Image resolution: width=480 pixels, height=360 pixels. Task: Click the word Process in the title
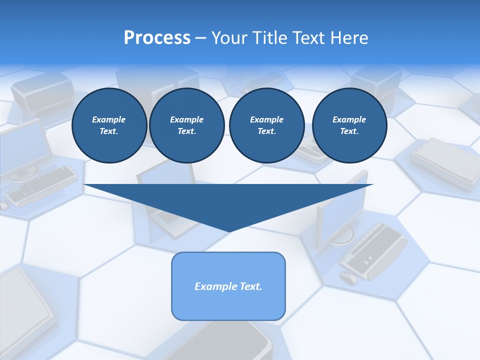[x=157, y=37]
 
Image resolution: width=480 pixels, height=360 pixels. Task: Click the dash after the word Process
[x=201, y=38]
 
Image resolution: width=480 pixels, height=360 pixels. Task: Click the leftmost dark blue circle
[x=109, y=125]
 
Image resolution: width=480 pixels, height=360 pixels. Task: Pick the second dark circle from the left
[x=187, y=125]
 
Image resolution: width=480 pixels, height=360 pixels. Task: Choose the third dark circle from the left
[x=266, y=125]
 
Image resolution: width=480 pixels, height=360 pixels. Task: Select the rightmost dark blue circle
[x=349, y=125]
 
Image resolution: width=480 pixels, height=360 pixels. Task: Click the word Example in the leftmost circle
[x=109, y=119]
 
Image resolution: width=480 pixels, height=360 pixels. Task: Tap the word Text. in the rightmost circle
[x=349, y=131]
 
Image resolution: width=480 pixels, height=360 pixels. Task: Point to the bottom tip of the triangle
[x=229, y=231]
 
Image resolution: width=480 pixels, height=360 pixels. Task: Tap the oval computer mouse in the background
[x=348, y=276]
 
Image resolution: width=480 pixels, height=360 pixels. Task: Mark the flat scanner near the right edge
[x=445, y=162]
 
